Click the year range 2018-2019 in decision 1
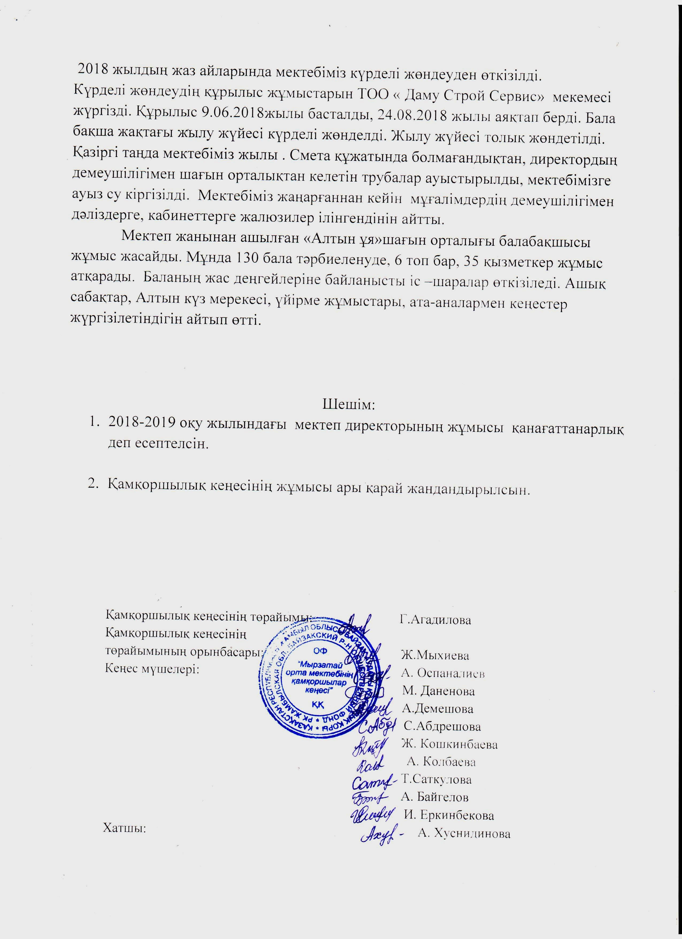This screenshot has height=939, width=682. [141, 424]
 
